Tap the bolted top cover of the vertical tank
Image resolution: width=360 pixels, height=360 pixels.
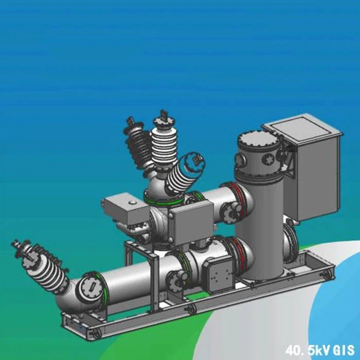click(x=258, y=138)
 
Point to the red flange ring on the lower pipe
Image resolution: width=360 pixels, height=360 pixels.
click(x=238, y=252)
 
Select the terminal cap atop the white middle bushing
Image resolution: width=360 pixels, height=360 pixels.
click(x=164, y=116)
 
